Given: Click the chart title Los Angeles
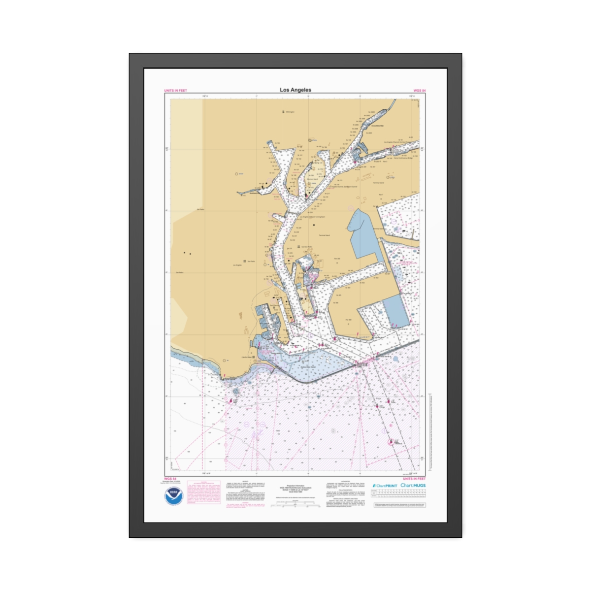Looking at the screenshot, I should [x=295, y=90].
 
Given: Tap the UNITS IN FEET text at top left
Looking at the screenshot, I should [x=175, y=91].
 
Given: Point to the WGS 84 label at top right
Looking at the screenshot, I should [x=419, y=91].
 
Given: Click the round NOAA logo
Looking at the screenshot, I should [x=174, y=496].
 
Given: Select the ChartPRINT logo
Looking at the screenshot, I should [x=385, y=486].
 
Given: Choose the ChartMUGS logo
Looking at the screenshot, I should [x=413, y=485].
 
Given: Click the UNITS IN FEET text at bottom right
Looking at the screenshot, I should [x=414, y=479].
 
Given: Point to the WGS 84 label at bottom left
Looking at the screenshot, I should [x=170, y=479].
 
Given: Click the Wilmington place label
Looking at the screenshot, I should [x=290, y=112].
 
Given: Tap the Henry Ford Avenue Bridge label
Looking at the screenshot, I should [x=403, y=158].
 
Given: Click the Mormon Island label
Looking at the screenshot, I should [x=312, y=179].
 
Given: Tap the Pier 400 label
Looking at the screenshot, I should [x=348, y=320].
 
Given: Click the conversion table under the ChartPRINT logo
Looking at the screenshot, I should [x=399, y=494].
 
